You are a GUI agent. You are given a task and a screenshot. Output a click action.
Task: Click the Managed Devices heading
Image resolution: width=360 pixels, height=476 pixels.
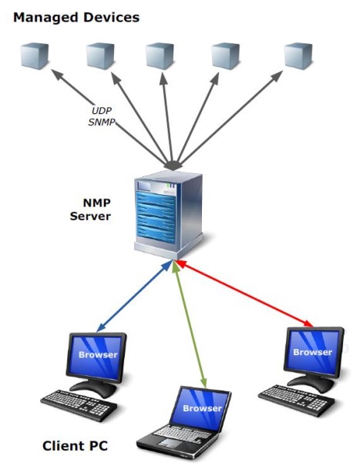tap(76, 15)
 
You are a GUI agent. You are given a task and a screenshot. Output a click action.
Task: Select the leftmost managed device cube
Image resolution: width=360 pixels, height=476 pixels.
tap(34, 56)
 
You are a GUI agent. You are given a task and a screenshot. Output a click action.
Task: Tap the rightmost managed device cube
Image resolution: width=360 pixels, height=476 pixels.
tap(297, 56)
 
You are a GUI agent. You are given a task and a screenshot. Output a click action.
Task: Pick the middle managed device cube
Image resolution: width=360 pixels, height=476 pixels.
tap(160, 56)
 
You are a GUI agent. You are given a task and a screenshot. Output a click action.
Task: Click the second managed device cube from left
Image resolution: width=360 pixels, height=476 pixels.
tap(100, 56)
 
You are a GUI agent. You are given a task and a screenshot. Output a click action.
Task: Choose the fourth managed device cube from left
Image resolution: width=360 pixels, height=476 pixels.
tap(225, 56)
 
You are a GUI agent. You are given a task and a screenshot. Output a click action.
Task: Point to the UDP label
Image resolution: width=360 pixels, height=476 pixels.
tap(102, 111)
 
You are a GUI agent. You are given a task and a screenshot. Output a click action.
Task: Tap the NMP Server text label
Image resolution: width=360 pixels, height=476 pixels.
tap(96, 210)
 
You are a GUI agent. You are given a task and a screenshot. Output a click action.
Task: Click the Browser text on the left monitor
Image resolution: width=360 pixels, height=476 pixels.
tap(98, 355)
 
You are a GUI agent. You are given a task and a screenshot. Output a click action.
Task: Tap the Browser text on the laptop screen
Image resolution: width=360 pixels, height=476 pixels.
tap(203, 407)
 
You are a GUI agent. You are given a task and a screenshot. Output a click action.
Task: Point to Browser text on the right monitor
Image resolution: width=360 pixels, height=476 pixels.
tap(312, 351)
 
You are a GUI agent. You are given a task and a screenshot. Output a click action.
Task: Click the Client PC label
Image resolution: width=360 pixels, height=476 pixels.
tap(74, 446)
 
